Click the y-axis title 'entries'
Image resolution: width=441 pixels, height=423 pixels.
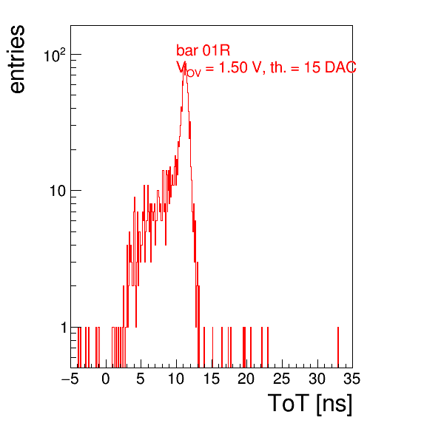pyautogui.click(x=18, y=59)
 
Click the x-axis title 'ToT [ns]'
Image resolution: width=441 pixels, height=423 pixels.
pyautogui.click(x=310, y=404)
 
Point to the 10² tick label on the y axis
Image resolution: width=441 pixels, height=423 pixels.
pyautogui.click(x=55, y=55)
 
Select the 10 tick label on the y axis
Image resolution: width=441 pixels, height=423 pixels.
pyautogui.click(x=58, y=191)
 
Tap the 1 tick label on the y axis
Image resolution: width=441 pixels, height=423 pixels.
pyautogui.click(x=64, y=328)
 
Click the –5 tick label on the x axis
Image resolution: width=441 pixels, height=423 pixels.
pyautogui.click(x=70, y=379)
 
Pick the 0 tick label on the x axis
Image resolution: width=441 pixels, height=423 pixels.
pyautogui.click(x=106, y=379)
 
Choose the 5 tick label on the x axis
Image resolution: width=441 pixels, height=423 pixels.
pyautogui.click(x=141, y=379)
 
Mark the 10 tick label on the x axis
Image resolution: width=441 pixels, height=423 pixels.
pyautogui.click(x=176, y=379)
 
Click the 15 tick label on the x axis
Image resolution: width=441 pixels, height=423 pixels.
pyautogui.click(x=212, y=379)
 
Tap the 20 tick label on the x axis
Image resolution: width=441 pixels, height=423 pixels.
pyautogui.click(x=246, y=379)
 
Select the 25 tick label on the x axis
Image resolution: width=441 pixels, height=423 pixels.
pyautogui.click(x=282, y=379)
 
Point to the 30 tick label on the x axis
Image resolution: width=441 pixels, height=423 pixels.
pyautogui.click(x=317, y=379)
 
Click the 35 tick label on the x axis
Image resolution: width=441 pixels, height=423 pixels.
pyautogui.click(x=352, y=379)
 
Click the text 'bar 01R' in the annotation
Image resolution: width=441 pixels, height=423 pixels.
pyautogui.click(x=203, y=50)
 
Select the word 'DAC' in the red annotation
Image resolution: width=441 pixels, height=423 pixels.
pyautogui.click(x=340, y=67)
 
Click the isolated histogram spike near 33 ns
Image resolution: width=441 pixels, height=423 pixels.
pyautogui.click(x=338, y=348)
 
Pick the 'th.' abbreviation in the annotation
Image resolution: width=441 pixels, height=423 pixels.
pyautogui.click(x=278, y=67)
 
